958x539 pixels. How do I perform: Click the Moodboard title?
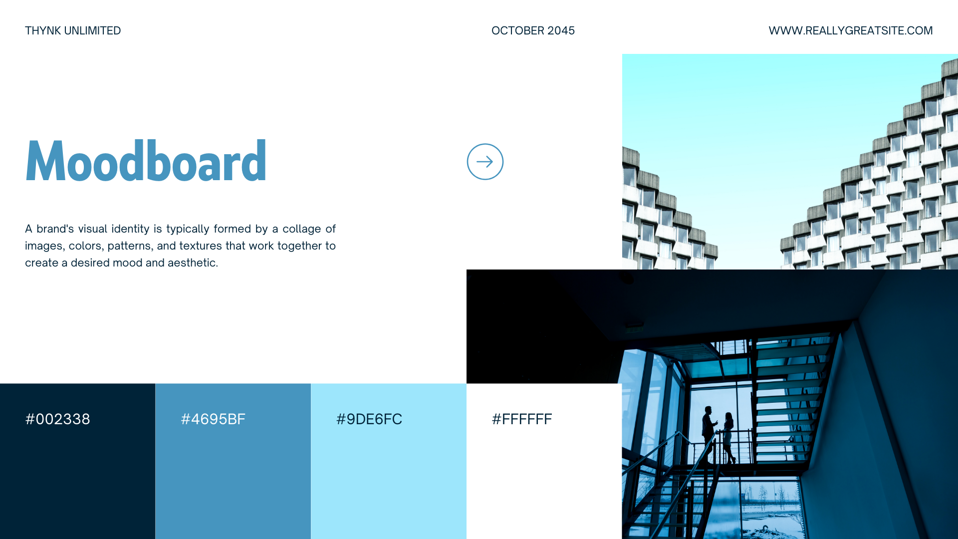tap(146, 160)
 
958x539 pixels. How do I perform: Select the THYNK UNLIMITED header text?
tap(73, 30)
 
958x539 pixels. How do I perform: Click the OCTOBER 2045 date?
tap(533, 30)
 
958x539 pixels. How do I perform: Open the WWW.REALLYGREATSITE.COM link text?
tap(851, 30)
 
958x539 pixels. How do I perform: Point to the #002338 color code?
tap(58, 419)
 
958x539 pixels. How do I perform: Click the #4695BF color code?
tap(213, 419)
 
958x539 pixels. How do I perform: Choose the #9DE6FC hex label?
tap(369, 419)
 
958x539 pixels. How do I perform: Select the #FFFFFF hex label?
tap(522, 419)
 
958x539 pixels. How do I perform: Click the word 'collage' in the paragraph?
tap(302, 229)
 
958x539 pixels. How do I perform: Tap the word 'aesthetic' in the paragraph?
tap(193, 263)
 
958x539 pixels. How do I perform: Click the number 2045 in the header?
tap(561, 30)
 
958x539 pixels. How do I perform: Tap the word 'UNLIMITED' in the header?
tap(93, 30)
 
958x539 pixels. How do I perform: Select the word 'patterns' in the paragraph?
tap(129, 246)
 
